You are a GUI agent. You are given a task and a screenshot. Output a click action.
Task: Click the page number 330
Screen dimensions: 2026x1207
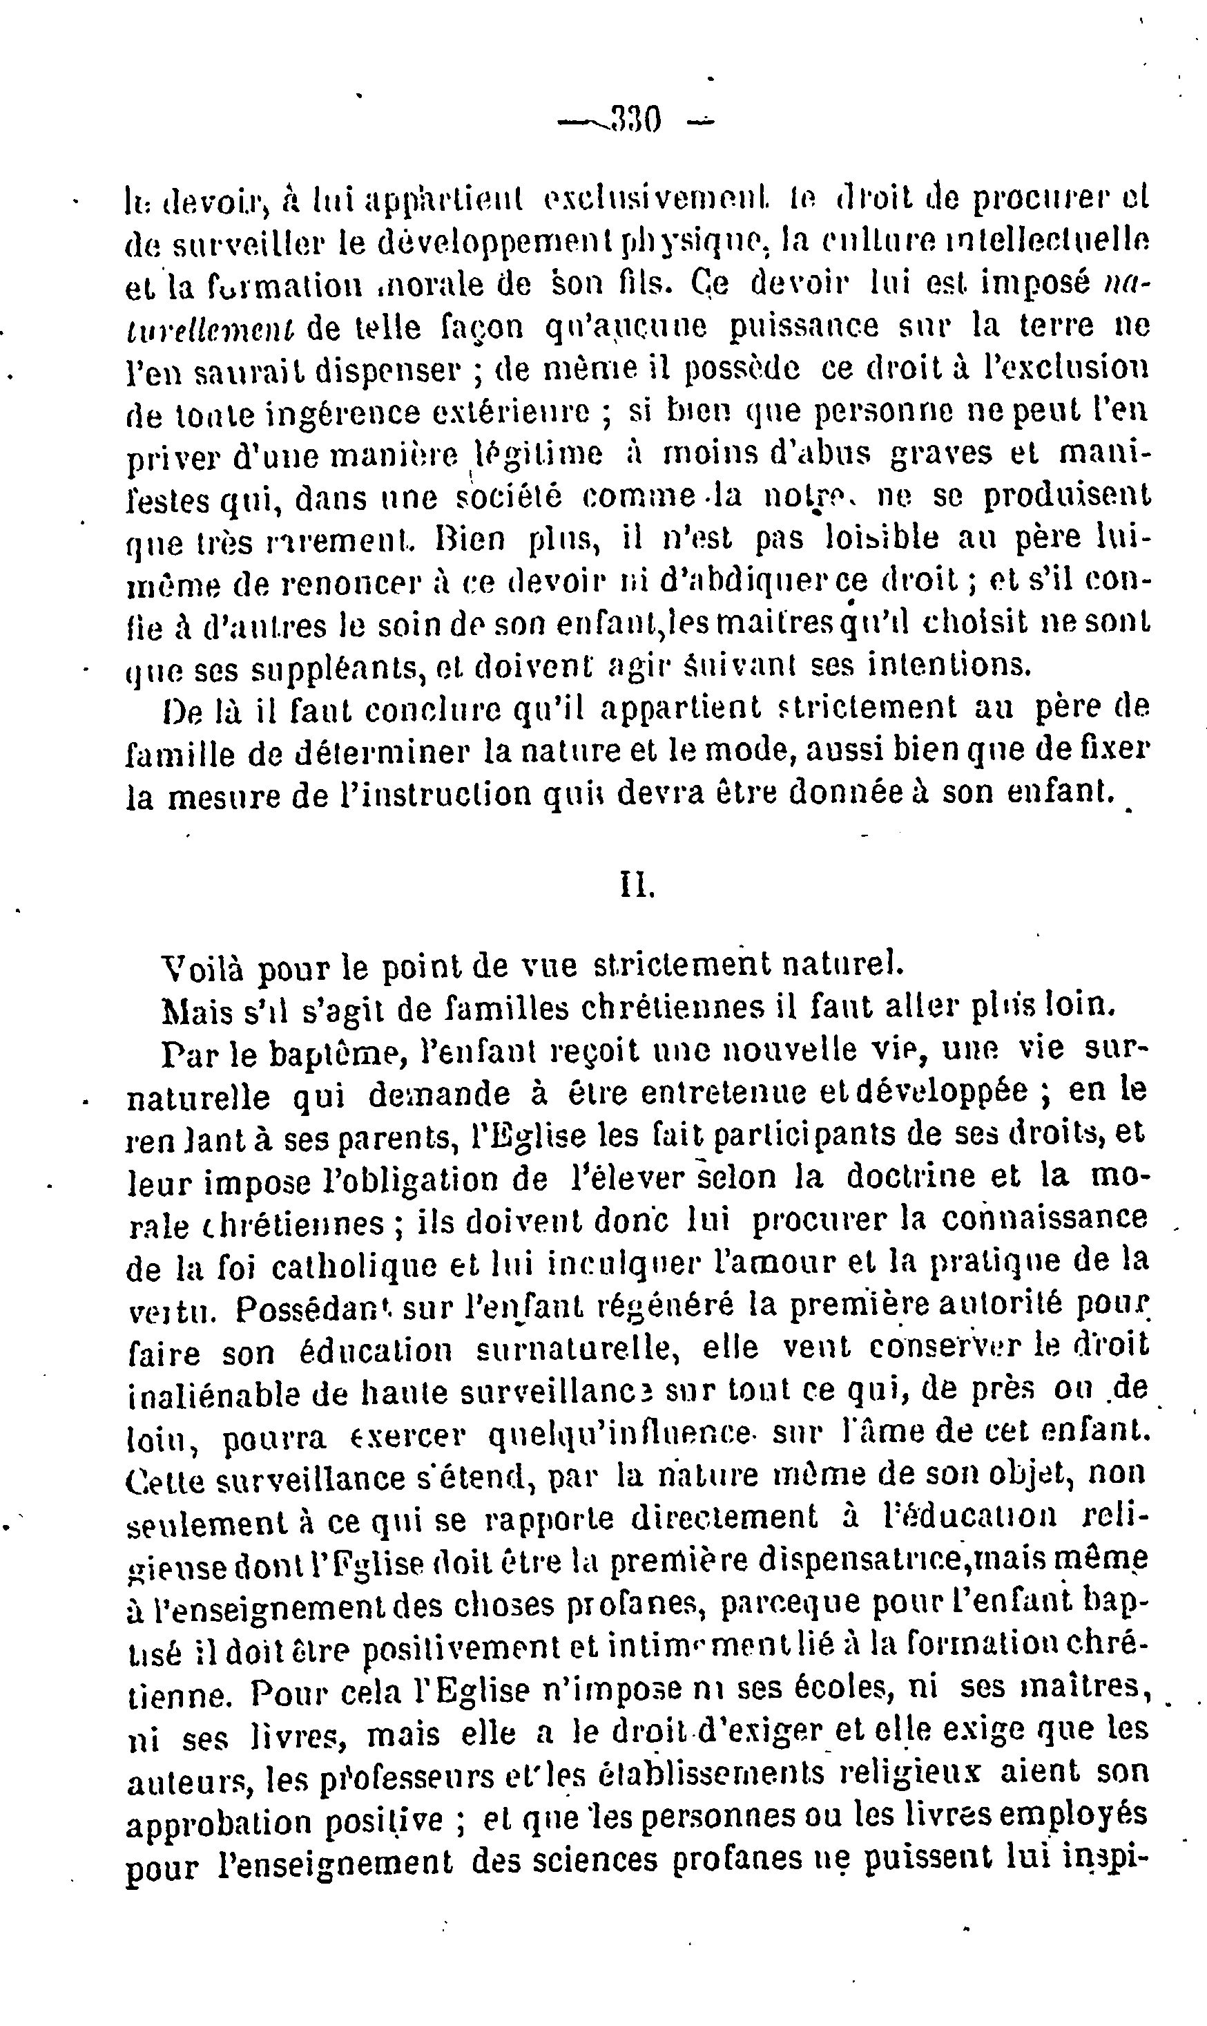pyautogui.click(x=636, y=122)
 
